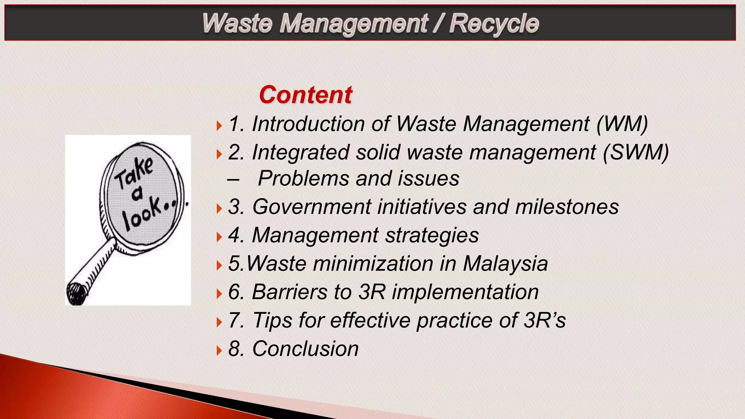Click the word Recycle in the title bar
[x=494, y=24]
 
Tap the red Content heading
[x=306, y=95]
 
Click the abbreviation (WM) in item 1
[x=622, y=124]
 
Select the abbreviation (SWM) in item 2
[x=636, y=152]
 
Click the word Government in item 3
[x=311, y=207]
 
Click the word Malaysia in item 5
[x=505, y=264]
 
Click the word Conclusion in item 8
[x=305, y=349]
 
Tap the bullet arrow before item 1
[x=219, y=126]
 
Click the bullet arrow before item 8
[x=219, y=351]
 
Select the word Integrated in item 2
[x=300, y=152]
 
